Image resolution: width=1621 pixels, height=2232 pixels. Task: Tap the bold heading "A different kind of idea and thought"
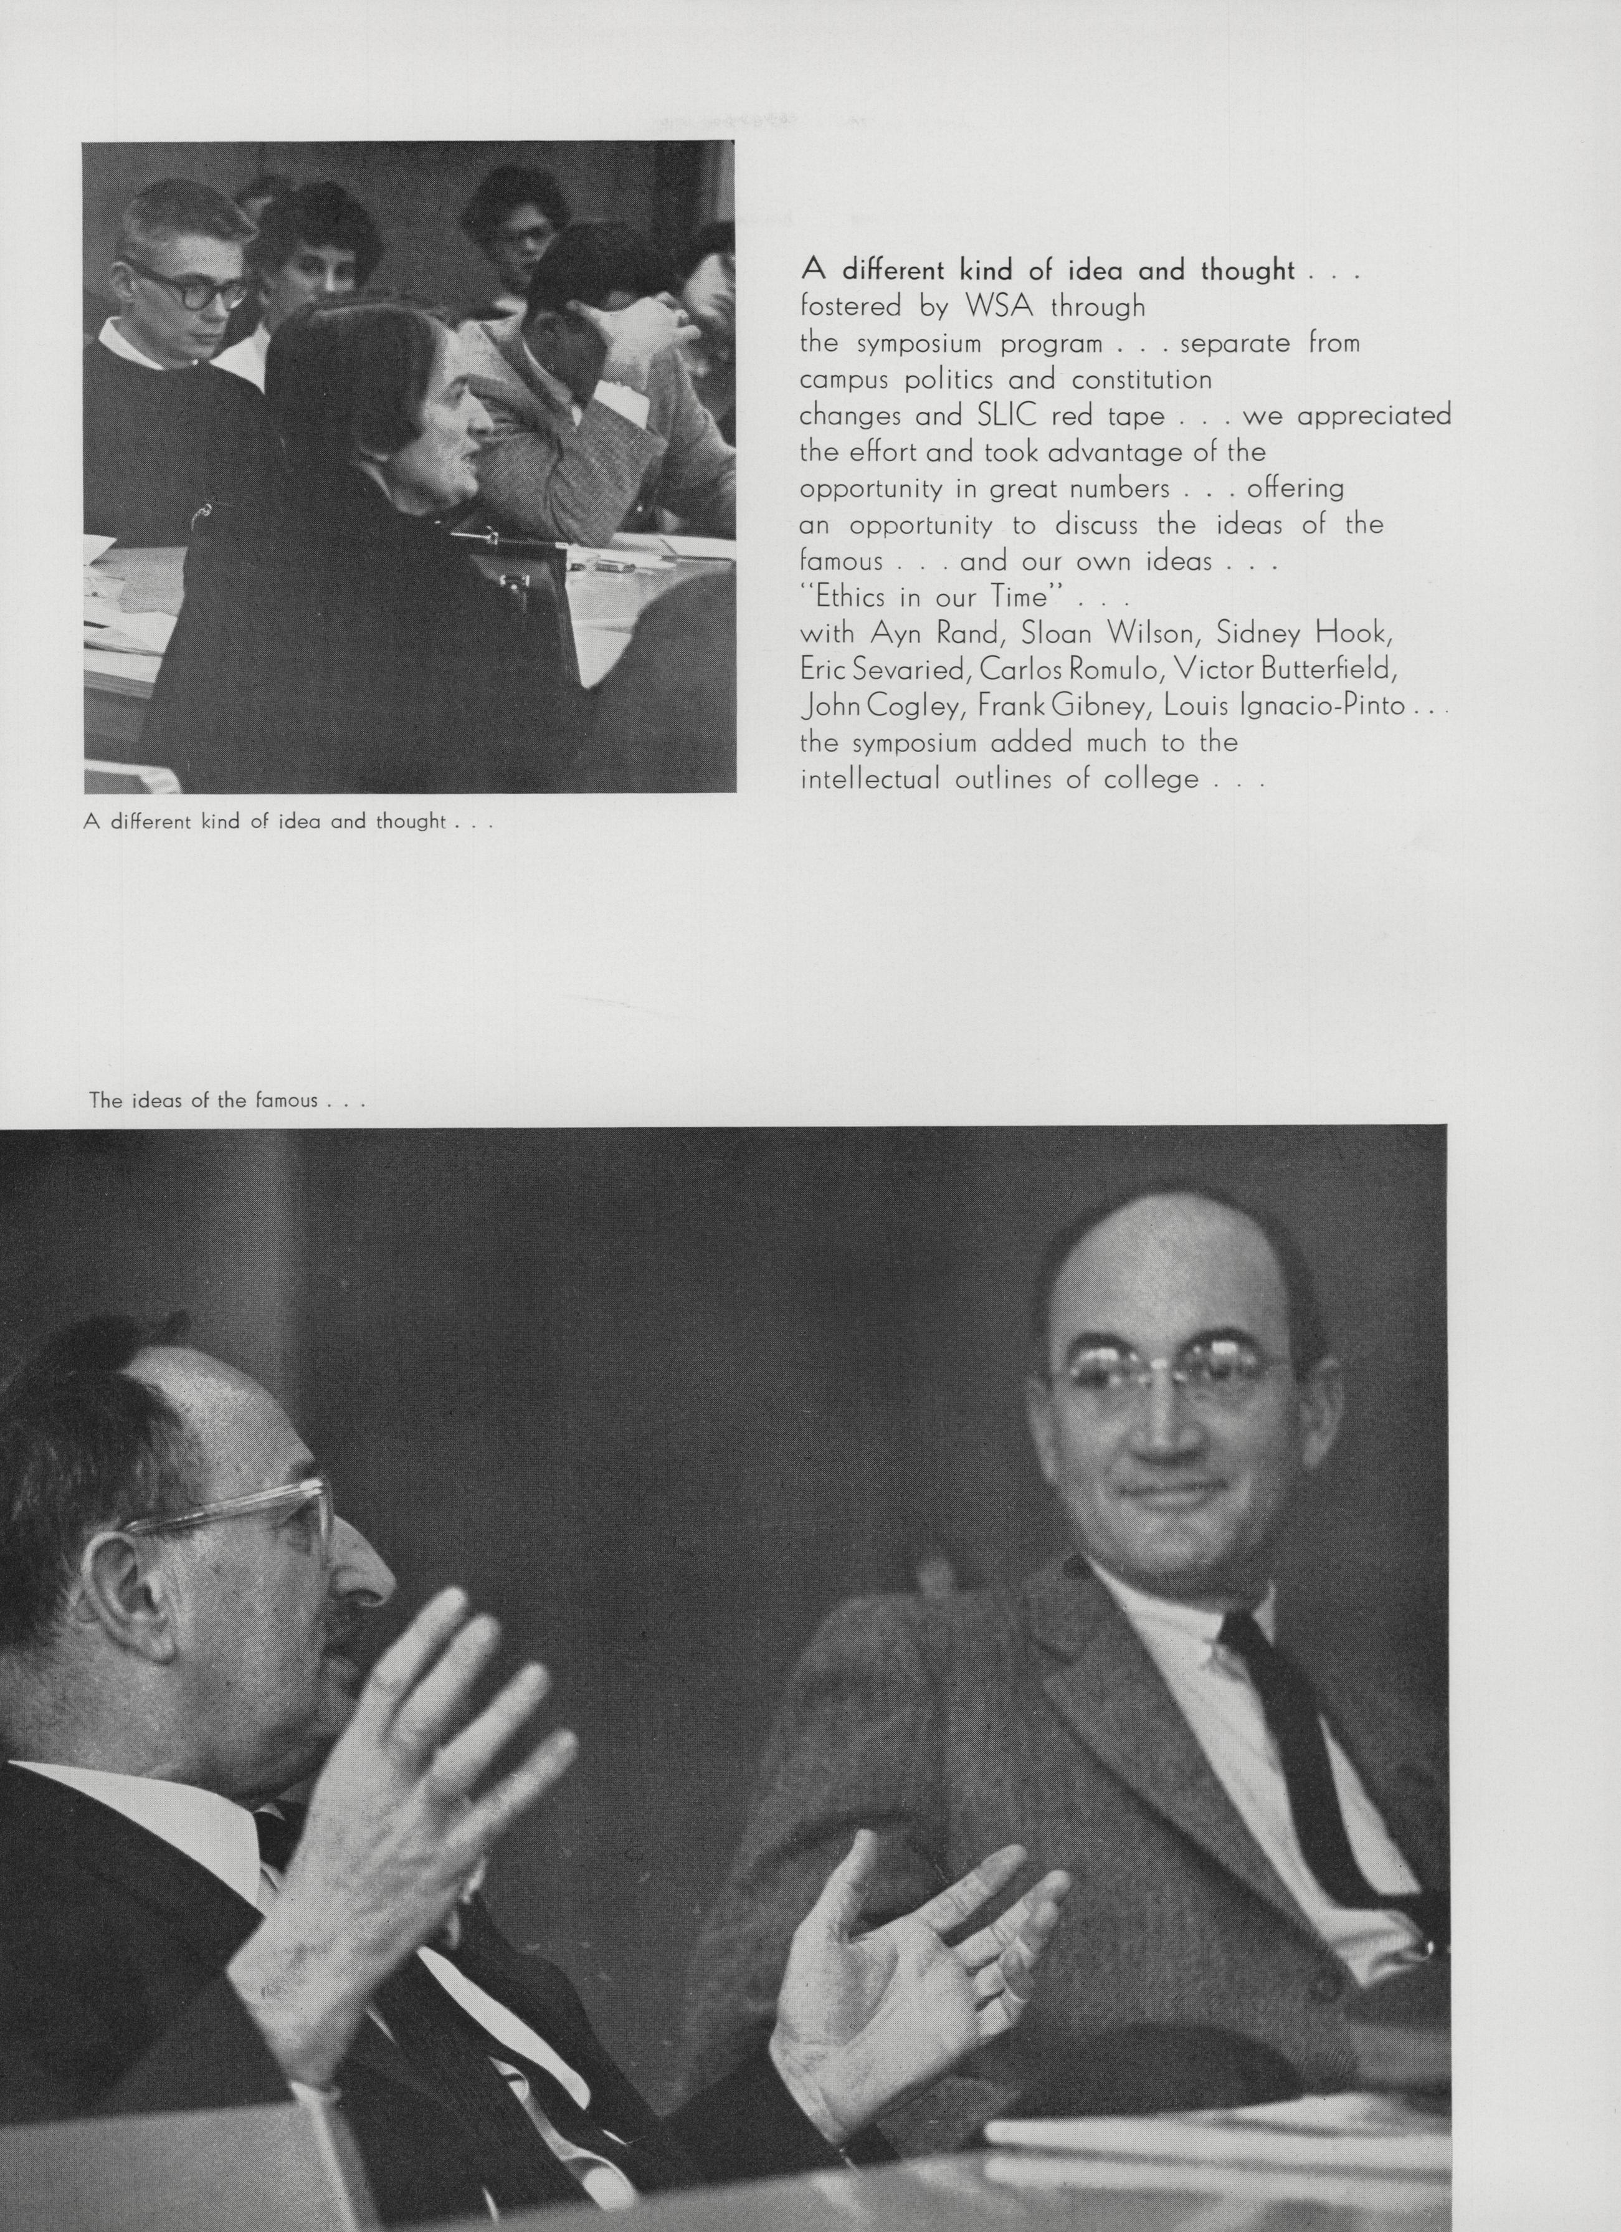click(1048, 270)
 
